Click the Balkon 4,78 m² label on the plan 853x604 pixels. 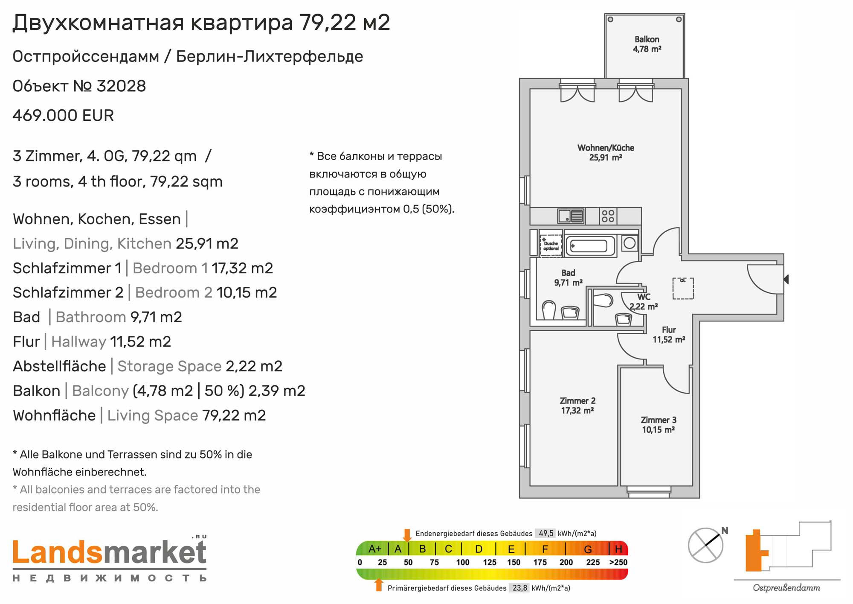click(x=647, y=44)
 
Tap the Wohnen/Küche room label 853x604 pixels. click(x=606, y=152)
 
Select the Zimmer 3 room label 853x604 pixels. click(x=659, y=425)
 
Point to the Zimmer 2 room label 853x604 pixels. click(x=577, y=406)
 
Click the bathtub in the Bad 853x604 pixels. click(x=591, y=246)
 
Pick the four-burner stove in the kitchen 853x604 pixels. click(x=608, y=216)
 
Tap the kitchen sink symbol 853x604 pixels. click(x=571, y=216)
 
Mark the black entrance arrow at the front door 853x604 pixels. click(x=786, y=279)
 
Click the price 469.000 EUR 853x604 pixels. click(x=63, y=116)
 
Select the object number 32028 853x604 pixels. click(x=122, y=86)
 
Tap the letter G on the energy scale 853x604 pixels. click(x=588, y=549)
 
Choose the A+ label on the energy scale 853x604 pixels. click(x=375, y=549)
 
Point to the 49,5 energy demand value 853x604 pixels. click(x=546, y=533)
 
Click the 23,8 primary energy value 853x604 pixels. click(x=520, y=588)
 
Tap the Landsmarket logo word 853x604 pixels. click(x=110, y=552)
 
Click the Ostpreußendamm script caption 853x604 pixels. click(x=786, y=588)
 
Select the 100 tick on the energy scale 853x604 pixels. click(x=463, y=562)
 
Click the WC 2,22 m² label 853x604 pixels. click(x=644, y=301)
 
